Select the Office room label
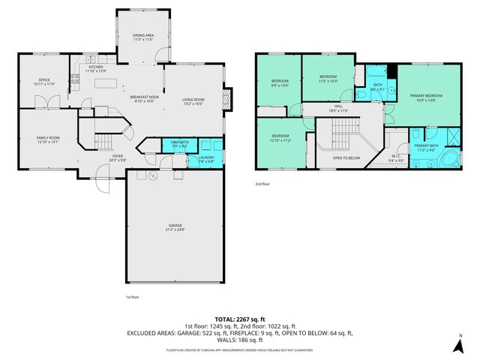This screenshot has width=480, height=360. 45,82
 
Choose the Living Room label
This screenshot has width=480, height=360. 193,101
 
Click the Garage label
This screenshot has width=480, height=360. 175,228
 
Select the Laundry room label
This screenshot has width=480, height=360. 206,158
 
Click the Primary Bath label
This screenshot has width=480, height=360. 426,148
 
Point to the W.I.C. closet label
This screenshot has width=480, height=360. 397,158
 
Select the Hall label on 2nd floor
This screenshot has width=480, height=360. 339,109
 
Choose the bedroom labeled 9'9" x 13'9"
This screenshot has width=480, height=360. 279,82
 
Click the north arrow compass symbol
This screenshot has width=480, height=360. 458,345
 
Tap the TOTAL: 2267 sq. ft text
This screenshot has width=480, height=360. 240,319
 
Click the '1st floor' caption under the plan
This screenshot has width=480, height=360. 132,297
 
